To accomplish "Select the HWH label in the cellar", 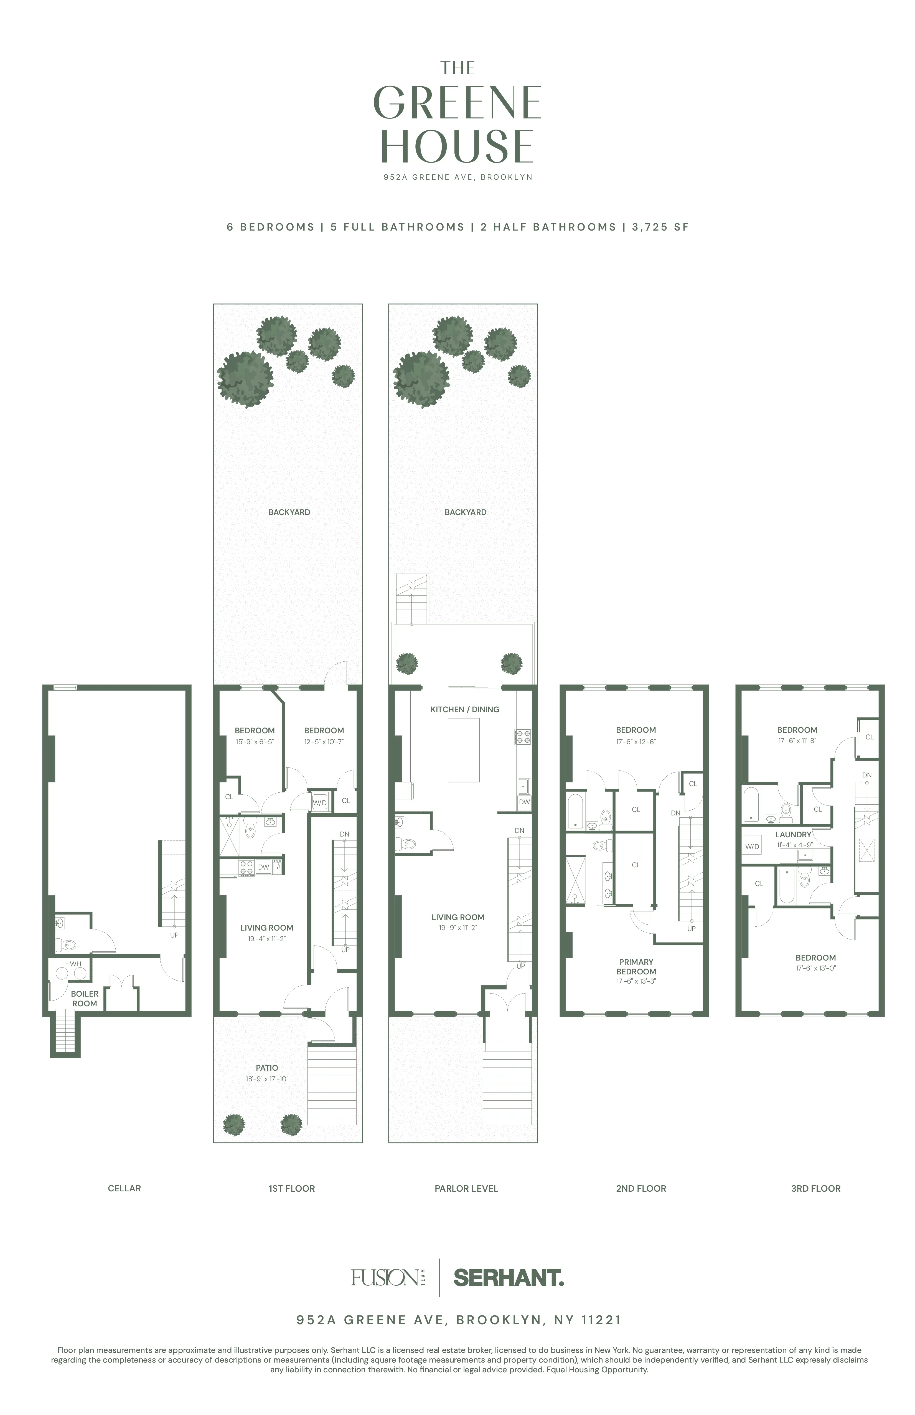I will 73,964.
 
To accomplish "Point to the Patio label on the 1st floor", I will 267,1068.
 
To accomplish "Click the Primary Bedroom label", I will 636,966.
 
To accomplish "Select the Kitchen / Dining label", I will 465,709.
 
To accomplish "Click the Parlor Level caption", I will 466,1189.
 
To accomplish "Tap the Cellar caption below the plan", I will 124,1189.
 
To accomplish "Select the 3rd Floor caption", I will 815,1189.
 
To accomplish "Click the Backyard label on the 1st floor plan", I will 289,512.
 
